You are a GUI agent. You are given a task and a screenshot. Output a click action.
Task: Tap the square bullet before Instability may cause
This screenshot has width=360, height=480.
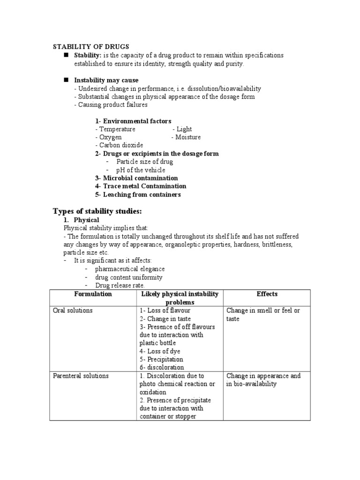pos(66,80)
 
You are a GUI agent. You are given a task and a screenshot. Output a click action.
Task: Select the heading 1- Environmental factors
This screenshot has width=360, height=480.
pos(133,121)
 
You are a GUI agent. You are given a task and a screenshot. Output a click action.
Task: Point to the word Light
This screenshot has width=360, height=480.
pos(184,129)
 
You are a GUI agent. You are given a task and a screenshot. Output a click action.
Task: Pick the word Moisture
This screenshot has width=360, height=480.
pos(188,137)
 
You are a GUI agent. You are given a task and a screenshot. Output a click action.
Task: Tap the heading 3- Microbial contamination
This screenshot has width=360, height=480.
pos(136,178)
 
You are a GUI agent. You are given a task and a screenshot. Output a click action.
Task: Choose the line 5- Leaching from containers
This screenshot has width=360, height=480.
pos(138,195)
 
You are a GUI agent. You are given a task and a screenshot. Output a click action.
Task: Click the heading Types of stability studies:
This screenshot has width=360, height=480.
pos(97,211)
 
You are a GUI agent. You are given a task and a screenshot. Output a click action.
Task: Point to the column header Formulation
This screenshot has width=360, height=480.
pos(93,294)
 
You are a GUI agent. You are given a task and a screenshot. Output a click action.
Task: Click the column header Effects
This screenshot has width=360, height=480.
pos(267,294)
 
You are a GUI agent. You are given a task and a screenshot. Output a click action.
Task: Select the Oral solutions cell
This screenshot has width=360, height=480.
pos(72,311)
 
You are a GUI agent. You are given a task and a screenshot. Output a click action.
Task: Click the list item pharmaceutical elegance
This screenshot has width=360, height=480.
pos(130,269)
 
